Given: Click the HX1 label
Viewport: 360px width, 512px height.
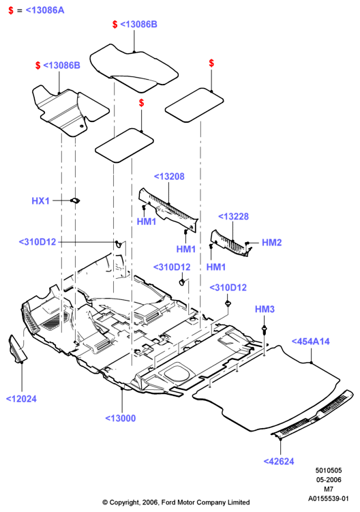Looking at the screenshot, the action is pyautogui.click(x=40, y=200).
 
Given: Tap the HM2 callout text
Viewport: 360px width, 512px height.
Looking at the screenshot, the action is pyautogui.click(x=271, y=242).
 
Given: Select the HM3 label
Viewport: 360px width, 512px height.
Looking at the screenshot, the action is pyautogui.click(x=265, y=309).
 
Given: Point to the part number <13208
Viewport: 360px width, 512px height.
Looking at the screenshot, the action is pyautogui.click(x=169, y=177).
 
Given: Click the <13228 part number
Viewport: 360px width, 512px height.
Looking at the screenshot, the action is pyautogui.click(x=233, y=217).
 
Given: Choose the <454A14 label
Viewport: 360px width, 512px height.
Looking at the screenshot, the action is pyautogui.click(x=310, y=342).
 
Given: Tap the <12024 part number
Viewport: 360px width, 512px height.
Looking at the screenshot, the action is pyautogui.click(x=21, y=399).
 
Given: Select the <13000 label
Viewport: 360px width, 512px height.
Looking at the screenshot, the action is pyautogui.click(x=120, y=419).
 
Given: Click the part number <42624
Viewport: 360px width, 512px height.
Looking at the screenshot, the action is pyautogui.click(x=279, y=462).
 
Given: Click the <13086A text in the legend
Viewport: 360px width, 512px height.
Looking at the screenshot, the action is pyautogui.click(x=45, y=10).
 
